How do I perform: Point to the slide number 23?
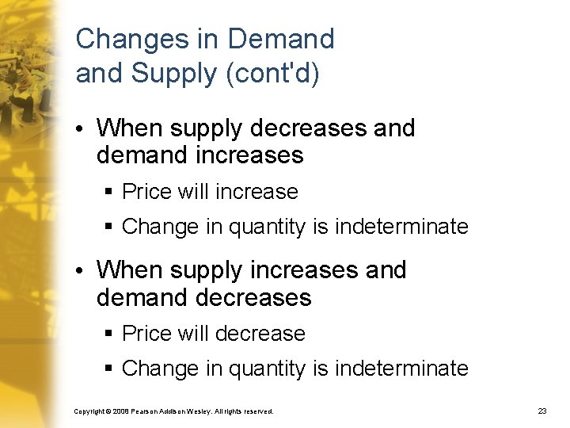[542, 411]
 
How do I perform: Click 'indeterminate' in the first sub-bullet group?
[401, 227]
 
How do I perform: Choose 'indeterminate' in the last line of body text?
[401, 369]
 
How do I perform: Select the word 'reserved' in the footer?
[258, 411]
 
